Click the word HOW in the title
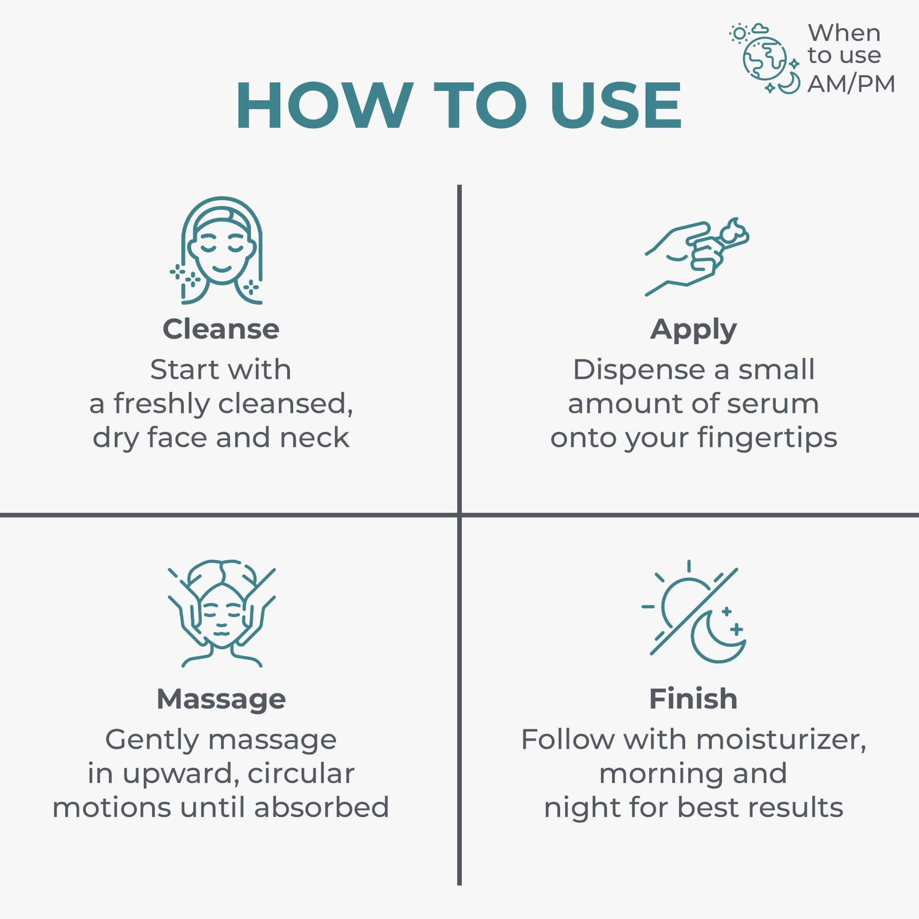[x=324, y=105]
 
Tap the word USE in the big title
[x=616, y=105]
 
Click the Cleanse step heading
[x=221, y=329]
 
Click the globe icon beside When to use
[x=765, y=59]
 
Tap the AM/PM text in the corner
[x=851, y=84]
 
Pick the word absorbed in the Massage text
[x=322, y=807]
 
